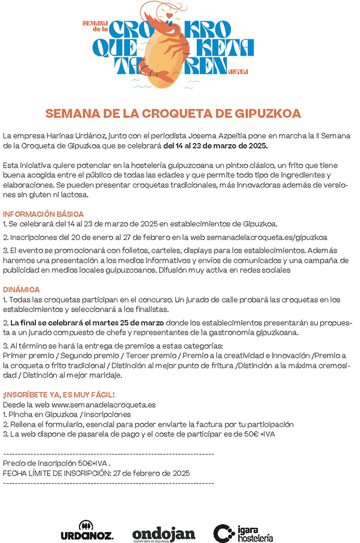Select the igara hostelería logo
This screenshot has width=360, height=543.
[x=243, y=533]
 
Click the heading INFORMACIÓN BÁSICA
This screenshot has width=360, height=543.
[x=43, y=214]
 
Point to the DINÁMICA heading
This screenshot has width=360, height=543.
[x=21, y=290]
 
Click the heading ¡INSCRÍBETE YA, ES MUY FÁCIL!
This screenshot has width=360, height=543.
[x=58, y=395]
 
